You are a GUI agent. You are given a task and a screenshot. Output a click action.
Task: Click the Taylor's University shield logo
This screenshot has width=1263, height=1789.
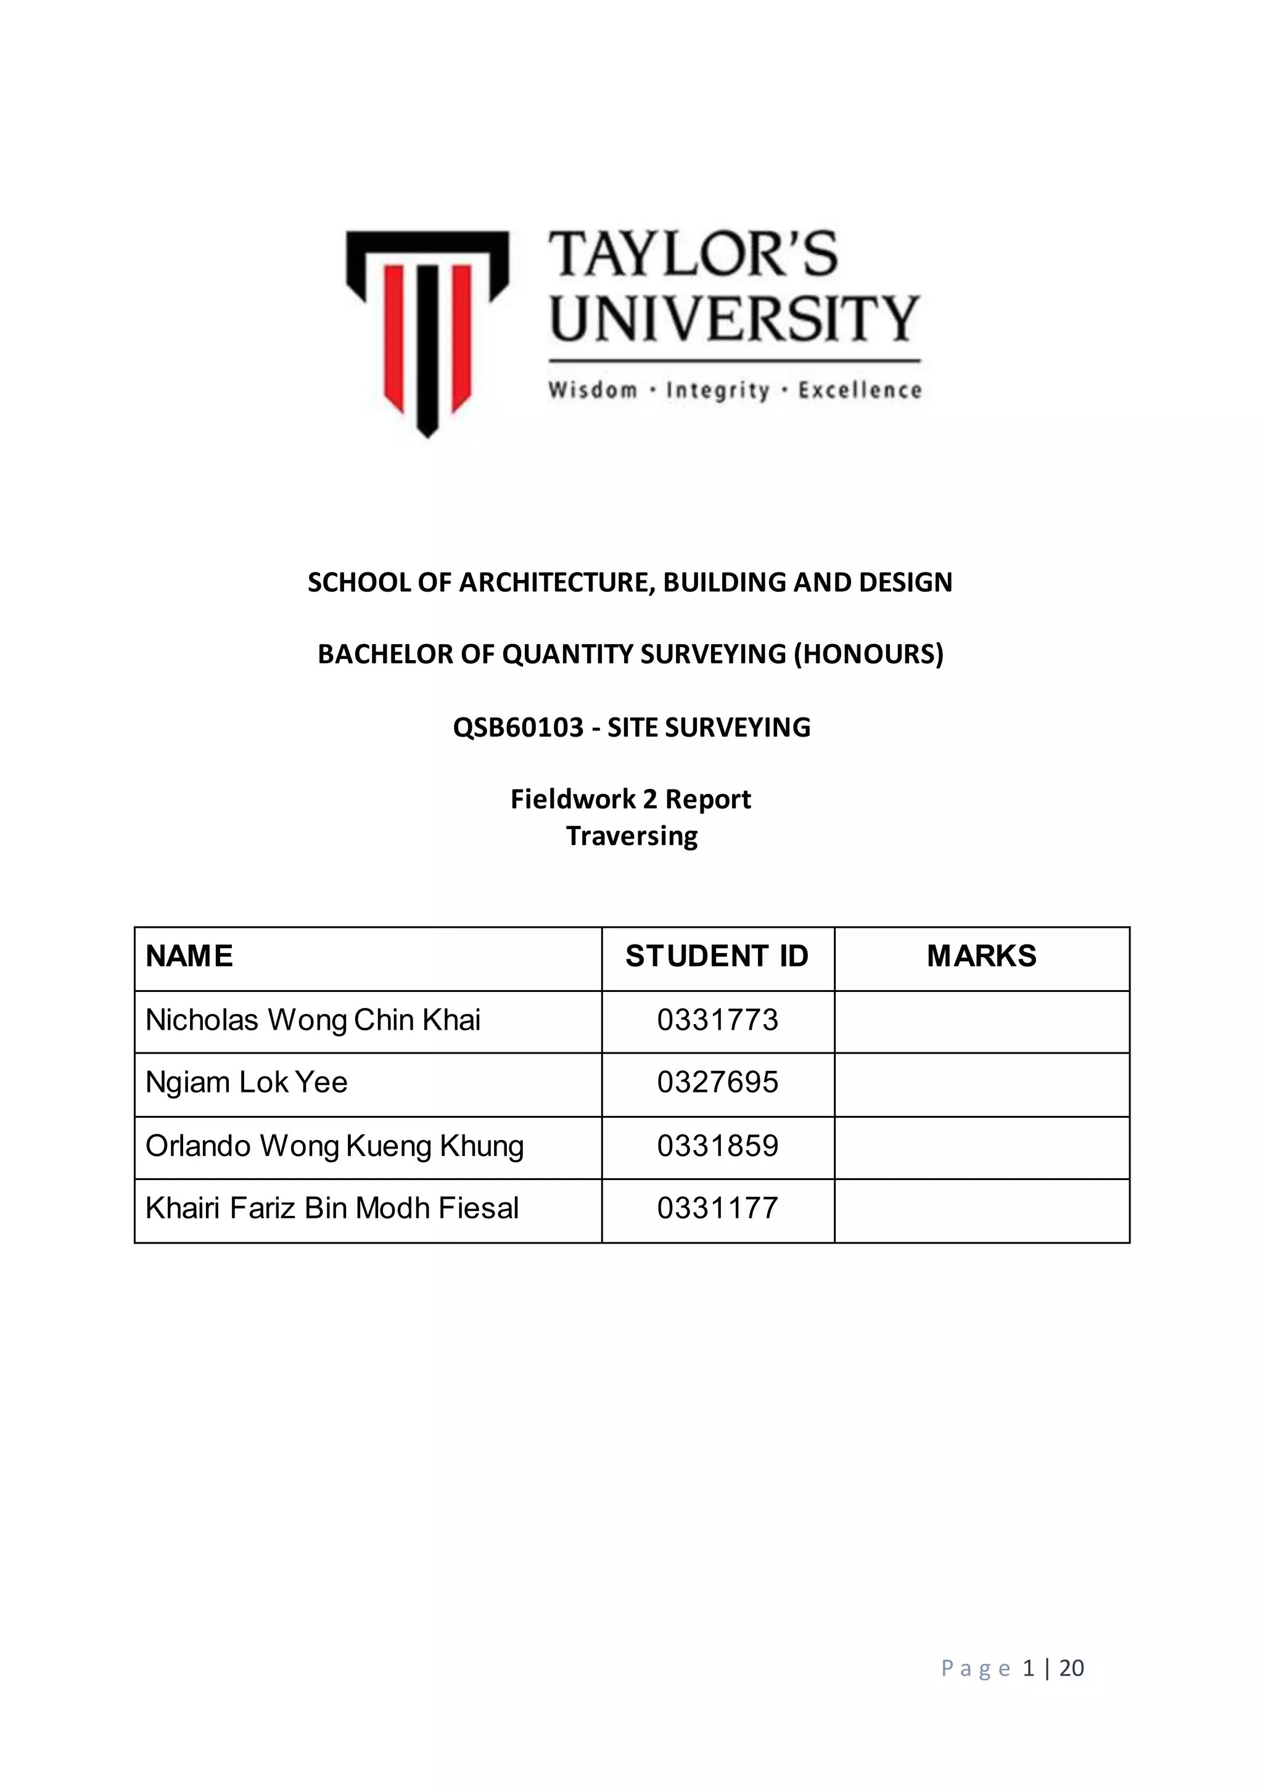point(427,331)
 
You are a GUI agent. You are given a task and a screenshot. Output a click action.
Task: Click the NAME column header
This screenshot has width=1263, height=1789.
point(189,956)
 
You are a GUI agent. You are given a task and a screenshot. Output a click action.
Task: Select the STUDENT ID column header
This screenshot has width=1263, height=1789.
point(717,956)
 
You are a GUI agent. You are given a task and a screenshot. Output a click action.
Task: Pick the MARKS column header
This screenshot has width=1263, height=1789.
point(981,956)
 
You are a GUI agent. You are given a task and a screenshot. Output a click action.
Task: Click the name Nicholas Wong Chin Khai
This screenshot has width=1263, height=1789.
point(313,1020)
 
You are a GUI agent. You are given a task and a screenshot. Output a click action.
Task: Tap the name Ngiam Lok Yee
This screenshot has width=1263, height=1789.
point(246,1082)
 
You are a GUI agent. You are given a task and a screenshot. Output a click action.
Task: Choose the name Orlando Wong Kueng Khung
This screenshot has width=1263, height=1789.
point(334,1146)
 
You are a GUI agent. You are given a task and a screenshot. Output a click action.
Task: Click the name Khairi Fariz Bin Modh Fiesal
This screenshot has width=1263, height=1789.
point(332,1208)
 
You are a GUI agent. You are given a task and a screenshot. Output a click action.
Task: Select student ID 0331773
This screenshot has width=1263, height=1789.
point(717,1020)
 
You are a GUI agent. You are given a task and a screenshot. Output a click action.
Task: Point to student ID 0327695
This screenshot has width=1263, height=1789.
point(717,1082)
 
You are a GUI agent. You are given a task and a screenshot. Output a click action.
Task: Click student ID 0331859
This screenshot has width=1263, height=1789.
point(717,1146)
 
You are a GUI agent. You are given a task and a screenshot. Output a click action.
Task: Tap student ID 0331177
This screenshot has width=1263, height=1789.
point(717,1208)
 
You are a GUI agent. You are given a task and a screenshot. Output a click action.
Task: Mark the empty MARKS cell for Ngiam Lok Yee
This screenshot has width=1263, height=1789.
point(981,1084)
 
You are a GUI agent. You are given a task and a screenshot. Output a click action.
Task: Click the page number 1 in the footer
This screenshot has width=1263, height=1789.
point(1029,1667)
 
